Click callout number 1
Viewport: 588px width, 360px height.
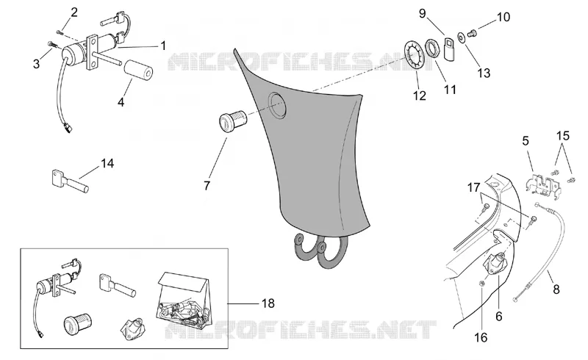pos(163,46)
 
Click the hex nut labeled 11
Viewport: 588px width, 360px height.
pos(433,48)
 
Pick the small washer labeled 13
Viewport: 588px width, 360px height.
pos(461,37)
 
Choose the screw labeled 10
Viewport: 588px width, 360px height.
pos(473,34)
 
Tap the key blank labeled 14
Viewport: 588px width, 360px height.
pos(70,181)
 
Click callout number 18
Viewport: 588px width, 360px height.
pos(268,303)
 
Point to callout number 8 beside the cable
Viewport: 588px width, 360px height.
pos(556,289)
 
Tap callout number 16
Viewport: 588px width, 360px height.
pos(481,337)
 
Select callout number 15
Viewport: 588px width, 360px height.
pos(563,136)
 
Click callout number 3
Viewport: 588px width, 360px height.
pos(36,64)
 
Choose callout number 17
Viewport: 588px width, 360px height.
pos(473,187)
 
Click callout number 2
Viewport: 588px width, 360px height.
pos(74,12)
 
